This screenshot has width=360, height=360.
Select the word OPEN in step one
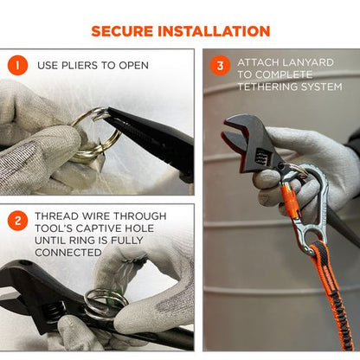[132, 66]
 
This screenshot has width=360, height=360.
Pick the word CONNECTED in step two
[72, 253]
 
